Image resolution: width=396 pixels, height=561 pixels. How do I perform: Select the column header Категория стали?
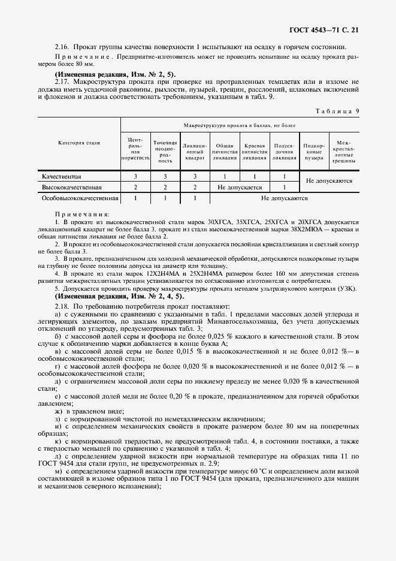[x=79, y=143]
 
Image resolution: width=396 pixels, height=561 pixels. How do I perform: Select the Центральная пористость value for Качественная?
[x=135, y=177]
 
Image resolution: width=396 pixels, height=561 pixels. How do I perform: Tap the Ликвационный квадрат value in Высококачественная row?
[x=195, y=187]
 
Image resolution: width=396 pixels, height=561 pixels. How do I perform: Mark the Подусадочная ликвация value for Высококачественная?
[x=284, y=187]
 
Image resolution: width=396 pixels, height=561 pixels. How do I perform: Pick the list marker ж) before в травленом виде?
[x=59, y=411]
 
